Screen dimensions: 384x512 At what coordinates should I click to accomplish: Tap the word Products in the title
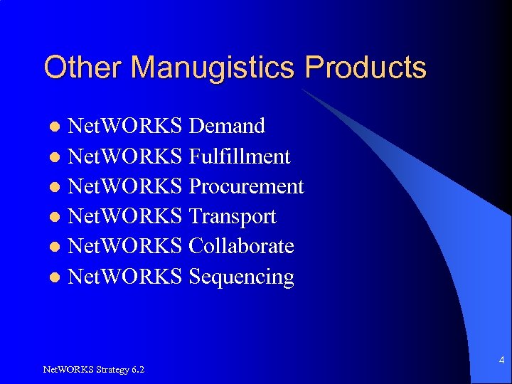tap(366, 68)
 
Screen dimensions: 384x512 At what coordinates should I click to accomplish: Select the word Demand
tap(228, 126)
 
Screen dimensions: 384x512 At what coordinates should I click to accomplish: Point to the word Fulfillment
tap(240, 156)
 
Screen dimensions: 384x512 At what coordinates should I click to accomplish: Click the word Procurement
tap(246, 186)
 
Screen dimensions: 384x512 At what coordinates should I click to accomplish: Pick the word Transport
tap(233, 216)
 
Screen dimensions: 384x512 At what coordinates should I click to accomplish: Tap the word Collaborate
tap(241, 246)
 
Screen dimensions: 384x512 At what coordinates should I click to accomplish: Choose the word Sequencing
tap(241, 277)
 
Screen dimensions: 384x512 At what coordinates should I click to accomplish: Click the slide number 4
tap(501, 361)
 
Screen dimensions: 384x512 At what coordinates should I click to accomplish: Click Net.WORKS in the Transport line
tap(125, 216)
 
